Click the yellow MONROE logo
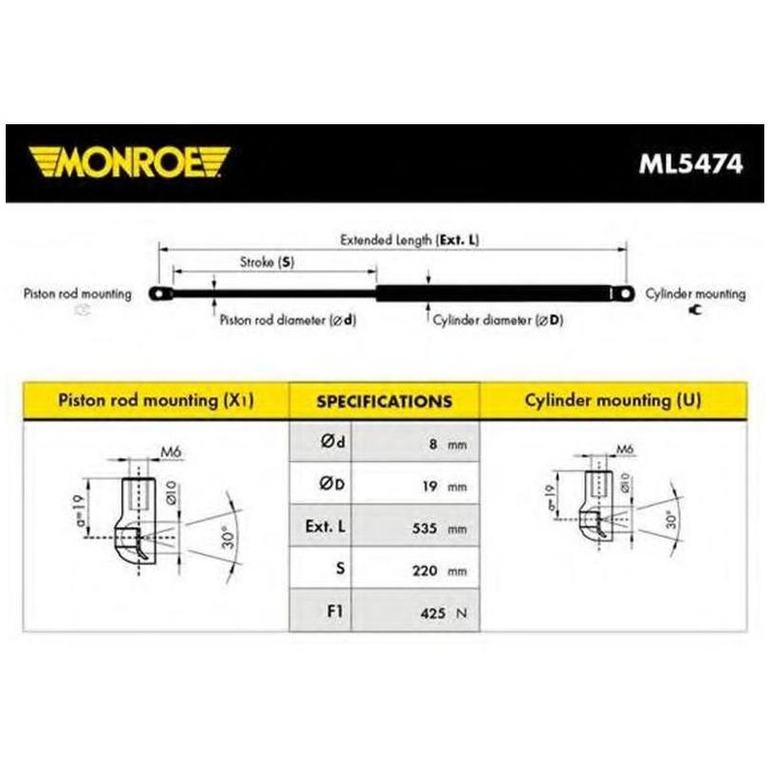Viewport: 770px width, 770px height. (129, 161)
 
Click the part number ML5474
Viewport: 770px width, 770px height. (690, 164)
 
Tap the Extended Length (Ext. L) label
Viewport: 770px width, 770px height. (409, 240)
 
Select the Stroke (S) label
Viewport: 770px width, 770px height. (267, 263)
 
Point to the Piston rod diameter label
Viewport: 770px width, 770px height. (287, 321)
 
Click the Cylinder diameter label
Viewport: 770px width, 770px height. (498, 321)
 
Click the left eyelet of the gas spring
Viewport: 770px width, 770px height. (159, 294)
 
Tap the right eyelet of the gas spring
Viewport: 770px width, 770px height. (624, 294)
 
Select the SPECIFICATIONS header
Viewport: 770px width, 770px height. (384, 401)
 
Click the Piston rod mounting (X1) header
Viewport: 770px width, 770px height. (156, 400)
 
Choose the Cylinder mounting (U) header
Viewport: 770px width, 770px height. (614, 400)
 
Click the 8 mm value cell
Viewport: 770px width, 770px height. (415, 442)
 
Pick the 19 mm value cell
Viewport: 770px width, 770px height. (415, 484)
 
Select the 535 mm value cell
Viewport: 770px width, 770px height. (415, 526)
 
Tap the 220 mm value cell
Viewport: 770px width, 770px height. (415, 568)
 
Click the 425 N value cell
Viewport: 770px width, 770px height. (415, 611)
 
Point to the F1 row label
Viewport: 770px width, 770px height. (335, 612)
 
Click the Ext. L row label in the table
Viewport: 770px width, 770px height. (325, 526)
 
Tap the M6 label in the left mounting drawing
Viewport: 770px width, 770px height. (171, 451)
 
